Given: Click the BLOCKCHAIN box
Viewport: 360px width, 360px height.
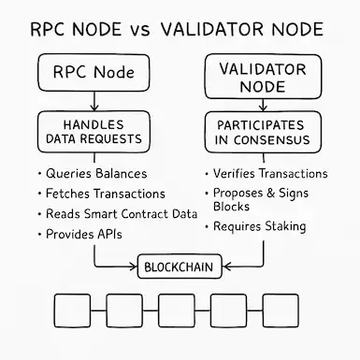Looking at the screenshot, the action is [x=178, y=266].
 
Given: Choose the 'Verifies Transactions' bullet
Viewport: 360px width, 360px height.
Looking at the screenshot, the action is [x=270, y=174].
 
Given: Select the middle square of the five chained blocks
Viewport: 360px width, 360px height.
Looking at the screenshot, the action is [x=177, y=308].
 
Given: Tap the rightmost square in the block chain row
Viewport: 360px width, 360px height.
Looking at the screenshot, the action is [x=281, y=308].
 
